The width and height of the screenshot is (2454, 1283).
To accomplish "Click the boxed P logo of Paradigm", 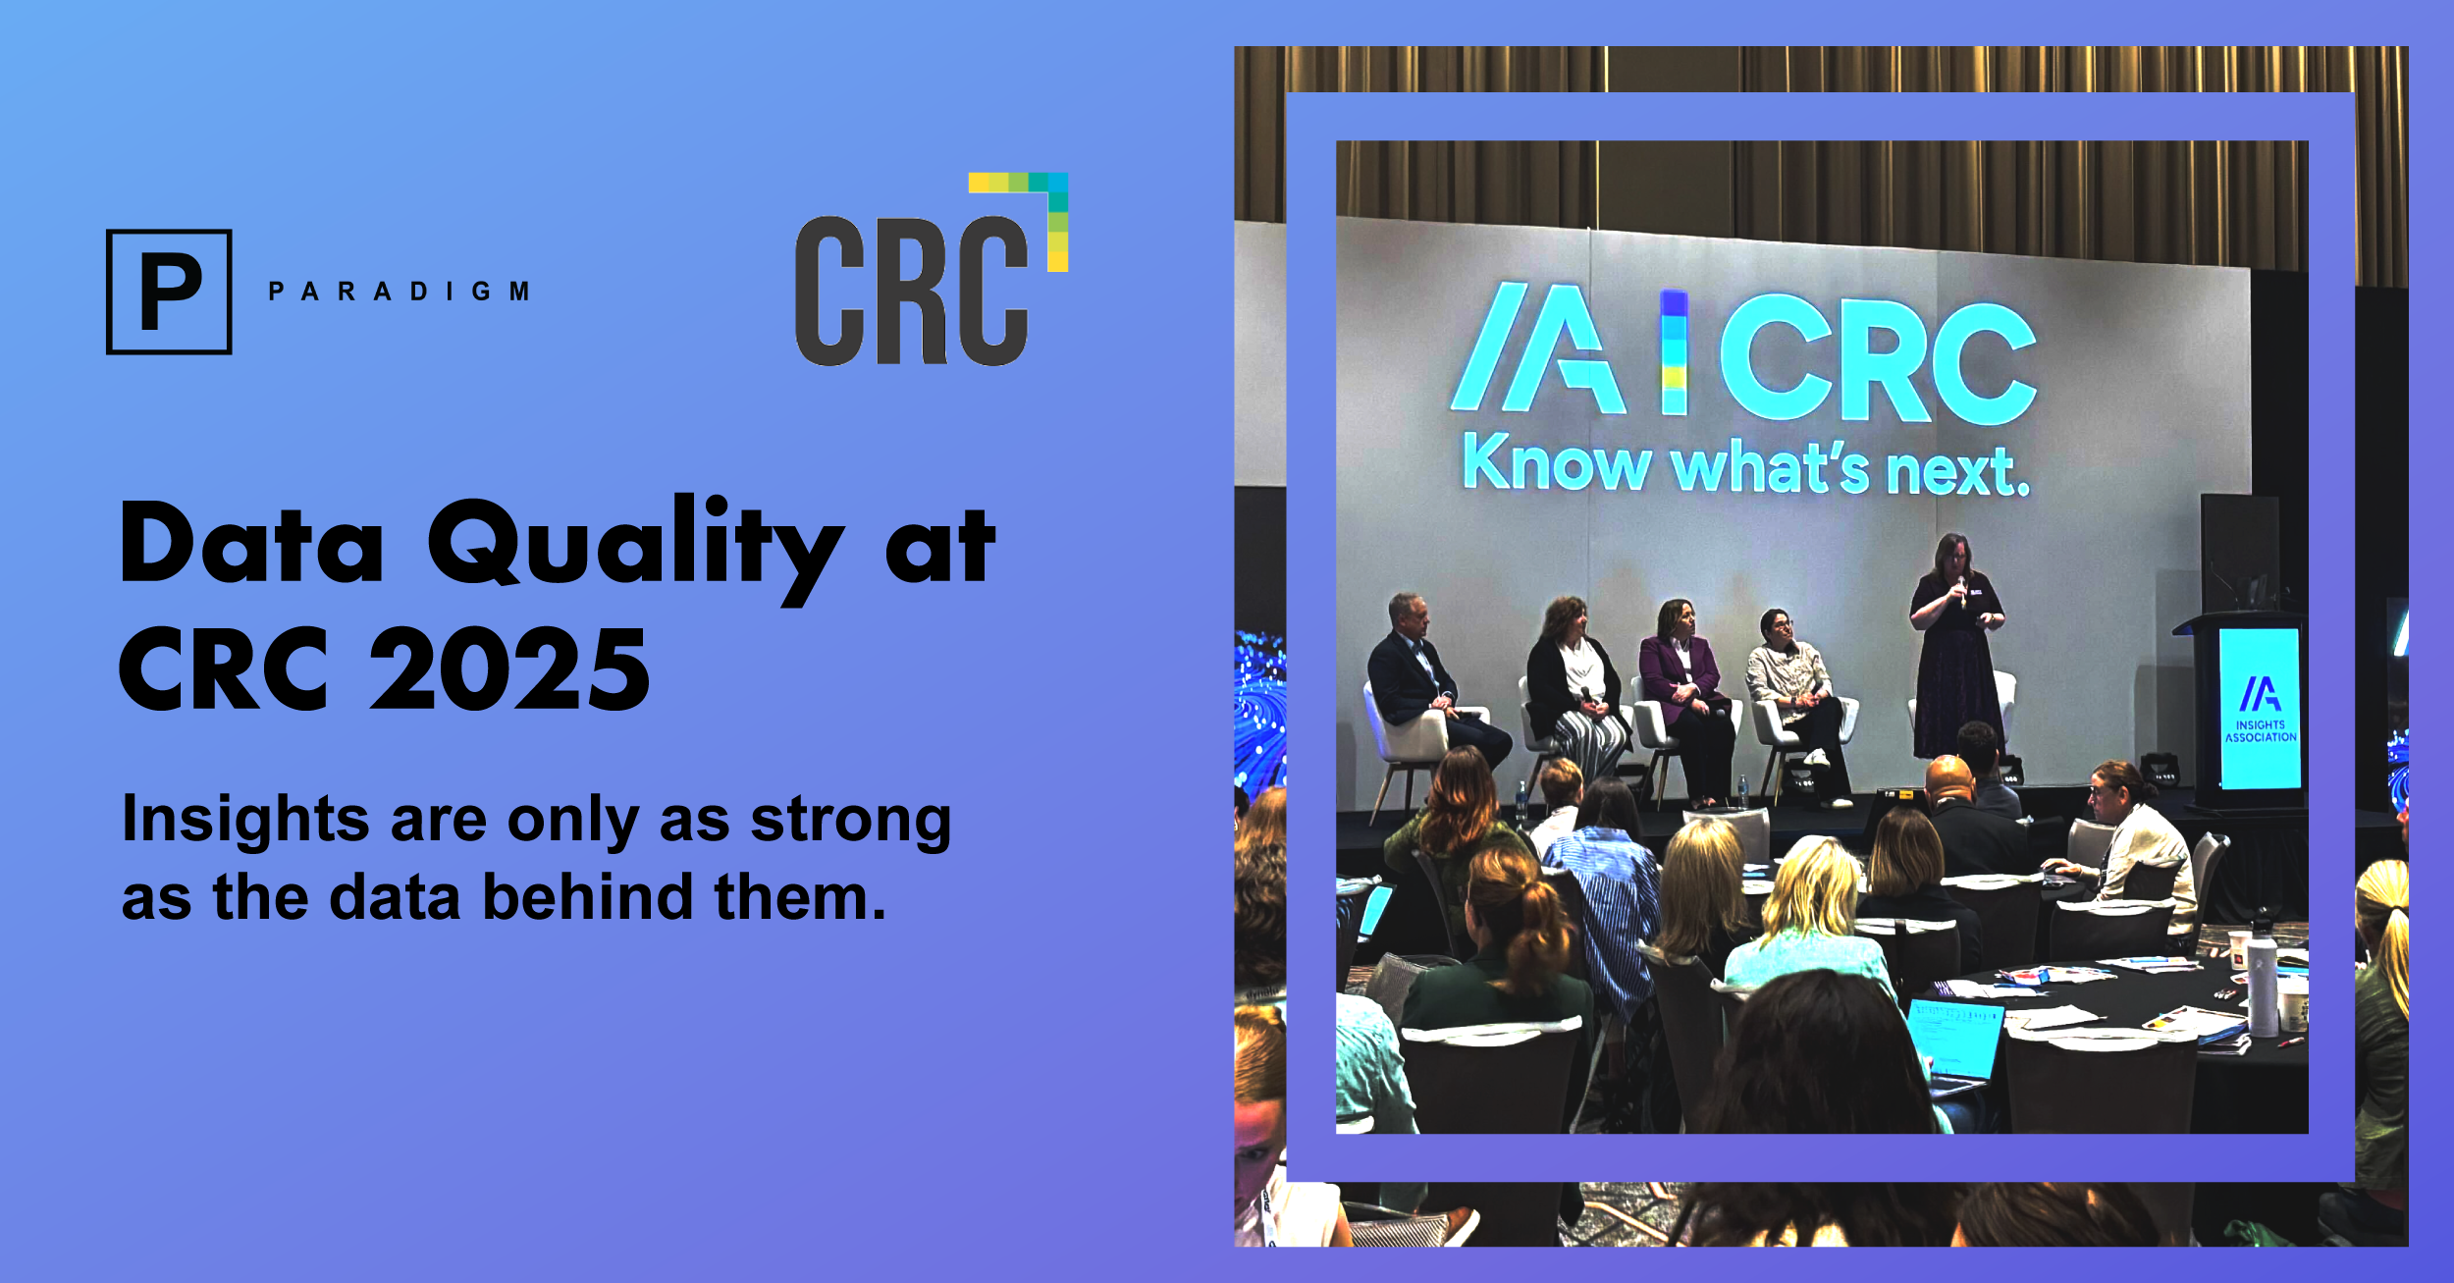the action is (169, 292).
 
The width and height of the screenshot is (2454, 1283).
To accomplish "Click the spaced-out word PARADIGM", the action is (400, 292).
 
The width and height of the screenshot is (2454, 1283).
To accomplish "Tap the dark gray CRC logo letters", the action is (911, 291).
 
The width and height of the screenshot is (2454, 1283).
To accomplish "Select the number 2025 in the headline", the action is (509, 669).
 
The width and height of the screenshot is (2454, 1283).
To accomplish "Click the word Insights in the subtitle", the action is (245, 820).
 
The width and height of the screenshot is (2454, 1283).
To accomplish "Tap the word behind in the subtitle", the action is (587, 897).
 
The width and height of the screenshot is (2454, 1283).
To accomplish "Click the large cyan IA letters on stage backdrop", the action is (1538, 348).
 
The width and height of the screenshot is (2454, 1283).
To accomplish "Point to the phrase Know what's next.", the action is (1746, 465).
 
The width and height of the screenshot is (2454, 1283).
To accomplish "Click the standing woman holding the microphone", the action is (1956, 648).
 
